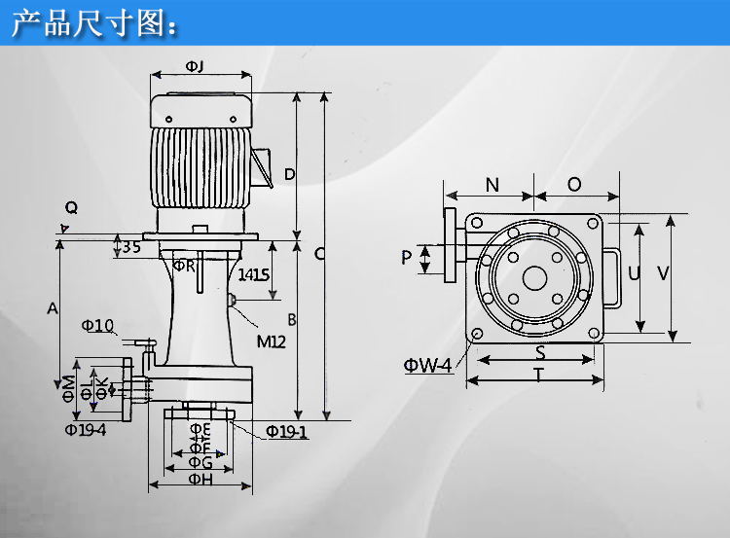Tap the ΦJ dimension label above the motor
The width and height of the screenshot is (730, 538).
point(194,65)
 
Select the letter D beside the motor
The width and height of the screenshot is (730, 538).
point(289,174)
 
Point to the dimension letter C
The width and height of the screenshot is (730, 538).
point(319,255)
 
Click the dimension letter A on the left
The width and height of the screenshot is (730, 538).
point(53,308)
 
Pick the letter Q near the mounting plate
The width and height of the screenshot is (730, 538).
point(70,207)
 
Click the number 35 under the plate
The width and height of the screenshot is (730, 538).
point(132,247)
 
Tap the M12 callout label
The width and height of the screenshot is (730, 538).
point(272,341)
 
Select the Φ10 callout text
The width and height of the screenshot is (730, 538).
point(97,324)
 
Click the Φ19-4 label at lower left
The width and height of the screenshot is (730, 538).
point(86,428)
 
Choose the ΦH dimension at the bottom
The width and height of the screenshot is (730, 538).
point(200,479)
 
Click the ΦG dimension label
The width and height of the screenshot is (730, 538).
point(200,462)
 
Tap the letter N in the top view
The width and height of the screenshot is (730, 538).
point(492,185)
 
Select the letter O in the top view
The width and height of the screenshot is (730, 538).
point(574,185)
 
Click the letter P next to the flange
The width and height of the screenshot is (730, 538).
point(407,258)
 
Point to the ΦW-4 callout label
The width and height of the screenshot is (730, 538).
point(428,366)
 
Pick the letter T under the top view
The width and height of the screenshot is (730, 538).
point(538,376)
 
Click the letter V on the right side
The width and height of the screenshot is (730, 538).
point(663,274)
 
